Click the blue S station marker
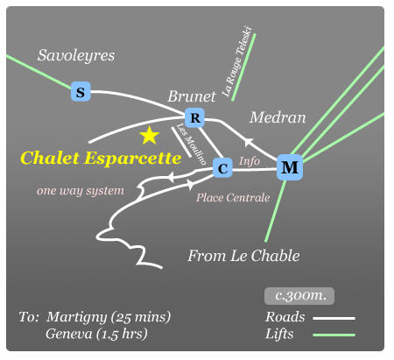click(x=81, y=92)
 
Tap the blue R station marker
click(x=194, y=117)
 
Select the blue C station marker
click(x=222, y=168)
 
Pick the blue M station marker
click(x=290, y=167)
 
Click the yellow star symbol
click(x=150, y=136)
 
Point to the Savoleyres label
click(x=76, y=55)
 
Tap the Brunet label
click(x=192, y=96)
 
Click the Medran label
click(x=278, y=117)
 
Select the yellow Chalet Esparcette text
click(x=101, y=159)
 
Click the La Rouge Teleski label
click(x=236, y=61)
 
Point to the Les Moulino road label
click(x=191, y=144)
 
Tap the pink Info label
click(x=250, y=161)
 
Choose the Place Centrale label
click(x=233, y=198)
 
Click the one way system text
click(x=81, y=191)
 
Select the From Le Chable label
click(x=243, y=256)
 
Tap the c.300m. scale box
click(x=299, y=296)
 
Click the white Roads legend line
click(x=334, y=318)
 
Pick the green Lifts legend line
click(x=334, y=335)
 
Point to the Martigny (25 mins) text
click(x=109, y=317)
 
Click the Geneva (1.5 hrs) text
click(x=96, y=335)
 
